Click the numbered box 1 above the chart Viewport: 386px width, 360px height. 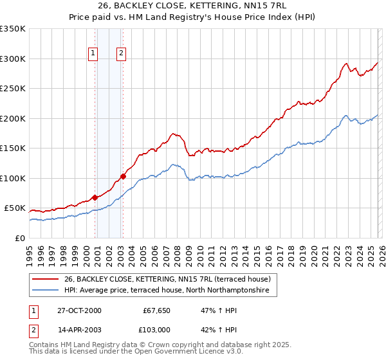(x=93, y=54)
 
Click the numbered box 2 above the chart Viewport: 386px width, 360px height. (x=121, y=54)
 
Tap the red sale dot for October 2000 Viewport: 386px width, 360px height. (x=95, y=197)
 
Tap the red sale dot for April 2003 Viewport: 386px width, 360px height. (x=123, y=176)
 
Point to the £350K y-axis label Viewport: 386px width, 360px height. (x=13, y=29)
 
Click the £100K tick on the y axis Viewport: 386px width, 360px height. (x=13, y=178)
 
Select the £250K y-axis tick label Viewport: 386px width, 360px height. (x=13, y=89)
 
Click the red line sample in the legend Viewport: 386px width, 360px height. (x=45, y=279)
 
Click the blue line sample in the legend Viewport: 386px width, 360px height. (x=45, y=291)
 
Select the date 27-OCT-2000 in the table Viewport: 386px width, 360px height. (x=79, y=310)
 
